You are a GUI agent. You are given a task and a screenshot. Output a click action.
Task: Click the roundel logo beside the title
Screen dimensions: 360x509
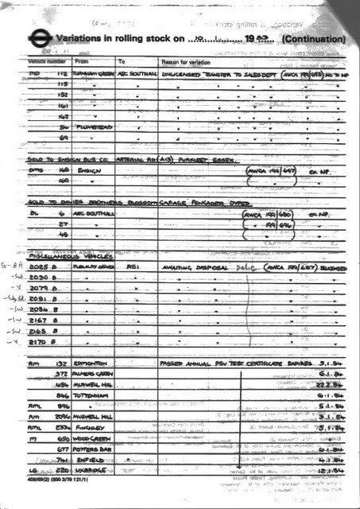pyautogui.click(x=37, y=37)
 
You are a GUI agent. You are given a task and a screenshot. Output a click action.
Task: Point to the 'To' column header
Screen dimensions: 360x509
pyautogui.click(x=122, y=61)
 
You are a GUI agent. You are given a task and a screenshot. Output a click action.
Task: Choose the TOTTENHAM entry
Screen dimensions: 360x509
pyautogui.click(x=91, y=394)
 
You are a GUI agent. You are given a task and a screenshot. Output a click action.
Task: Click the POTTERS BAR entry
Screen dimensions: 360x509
pyautogui.click(x=94, y=449)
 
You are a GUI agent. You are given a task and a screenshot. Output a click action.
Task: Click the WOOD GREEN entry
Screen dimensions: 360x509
pyautogui.click(x=93, y=437)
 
